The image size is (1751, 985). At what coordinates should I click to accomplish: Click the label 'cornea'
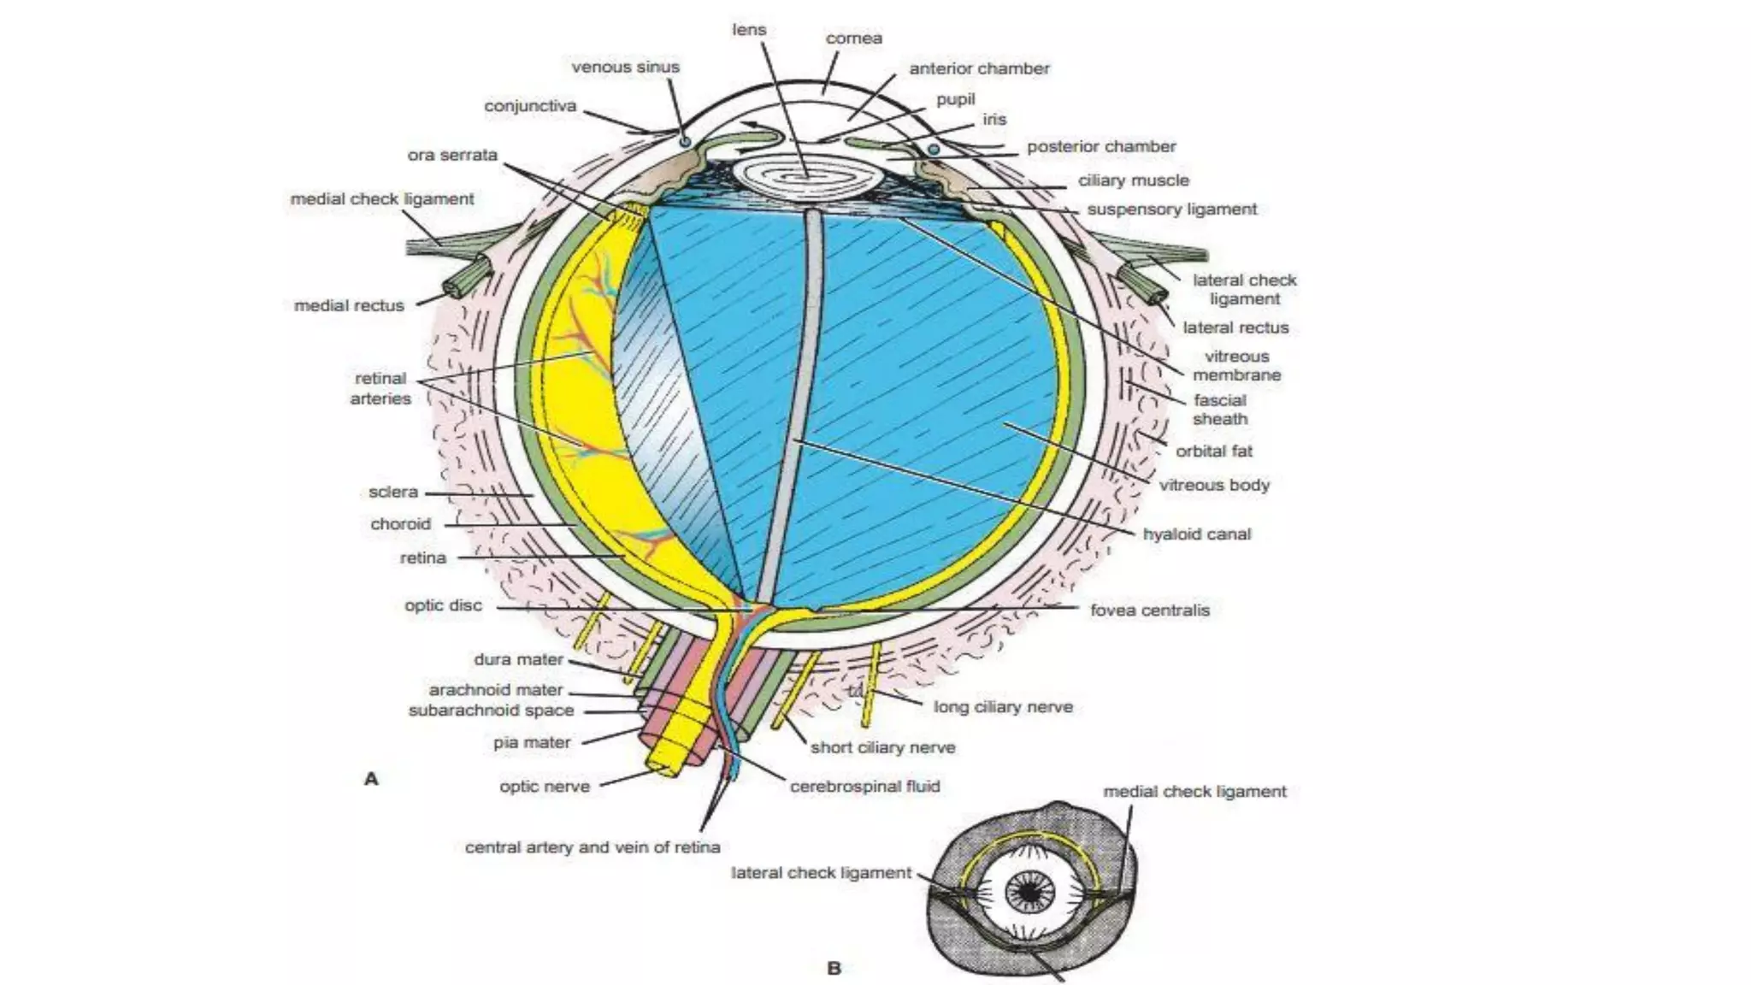pos(853,38)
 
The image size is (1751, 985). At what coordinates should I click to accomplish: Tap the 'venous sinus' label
pos(625,67)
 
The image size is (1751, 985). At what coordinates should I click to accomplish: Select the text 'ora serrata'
pos(452,155)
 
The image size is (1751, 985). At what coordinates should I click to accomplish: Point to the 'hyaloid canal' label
pos(1196,534)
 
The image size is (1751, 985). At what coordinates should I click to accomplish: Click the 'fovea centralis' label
pos(1149,610)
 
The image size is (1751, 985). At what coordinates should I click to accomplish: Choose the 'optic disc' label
pos(443,605)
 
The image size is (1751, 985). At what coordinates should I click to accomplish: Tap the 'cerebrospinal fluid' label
pos(864,786)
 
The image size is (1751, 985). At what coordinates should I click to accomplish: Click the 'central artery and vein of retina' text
pos(592,847)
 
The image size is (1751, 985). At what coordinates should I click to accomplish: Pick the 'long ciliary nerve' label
pos(1002,707)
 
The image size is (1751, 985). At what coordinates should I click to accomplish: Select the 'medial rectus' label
pos(349,305)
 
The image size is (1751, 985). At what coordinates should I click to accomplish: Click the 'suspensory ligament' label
pos(1171,209)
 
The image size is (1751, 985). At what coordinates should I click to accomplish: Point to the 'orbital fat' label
pos(1213,451)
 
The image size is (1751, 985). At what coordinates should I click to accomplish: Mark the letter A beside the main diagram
pos(371,779)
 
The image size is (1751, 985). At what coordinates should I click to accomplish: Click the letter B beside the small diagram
pos(834,968)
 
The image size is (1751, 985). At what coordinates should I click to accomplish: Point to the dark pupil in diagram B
pos(1030,893)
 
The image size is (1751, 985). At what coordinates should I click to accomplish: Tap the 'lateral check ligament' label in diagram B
pos(821,873)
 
